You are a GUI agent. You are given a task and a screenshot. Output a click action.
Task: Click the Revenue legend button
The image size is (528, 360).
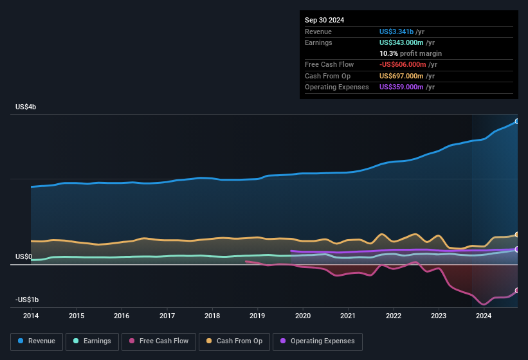click(x=37, y=341)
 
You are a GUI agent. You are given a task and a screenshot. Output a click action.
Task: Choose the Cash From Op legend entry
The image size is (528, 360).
click(x=235, y=341)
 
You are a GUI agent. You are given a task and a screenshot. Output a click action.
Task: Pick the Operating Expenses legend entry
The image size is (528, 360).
click(x=318, y=341)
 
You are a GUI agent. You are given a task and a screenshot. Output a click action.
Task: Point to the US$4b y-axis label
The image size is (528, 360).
click(x=26, y=107)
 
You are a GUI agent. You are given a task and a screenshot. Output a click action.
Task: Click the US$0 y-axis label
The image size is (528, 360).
click(x=24, y=256)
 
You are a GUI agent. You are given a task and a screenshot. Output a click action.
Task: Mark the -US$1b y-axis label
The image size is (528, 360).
click(x=26, y=300)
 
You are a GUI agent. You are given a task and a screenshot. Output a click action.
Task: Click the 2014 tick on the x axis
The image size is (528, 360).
click(x=31, y=316)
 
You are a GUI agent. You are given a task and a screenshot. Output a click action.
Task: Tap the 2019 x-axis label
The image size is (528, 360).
click(x=257, y=316)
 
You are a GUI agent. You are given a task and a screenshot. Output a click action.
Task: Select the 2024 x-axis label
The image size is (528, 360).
click(x=484, y=316)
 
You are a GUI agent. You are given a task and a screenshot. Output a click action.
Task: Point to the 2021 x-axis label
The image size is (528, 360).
click(x=348, y=316)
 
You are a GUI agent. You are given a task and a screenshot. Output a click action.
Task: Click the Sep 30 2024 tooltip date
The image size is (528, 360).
click(x=324, y=20)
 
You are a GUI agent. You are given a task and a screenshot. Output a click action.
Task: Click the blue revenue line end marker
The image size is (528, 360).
click(x=516, y=121)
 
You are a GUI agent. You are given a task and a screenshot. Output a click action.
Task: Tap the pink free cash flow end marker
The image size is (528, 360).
click(x=516, y=291)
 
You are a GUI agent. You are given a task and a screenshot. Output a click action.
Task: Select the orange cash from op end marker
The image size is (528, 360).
click(x=516, y=235)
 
